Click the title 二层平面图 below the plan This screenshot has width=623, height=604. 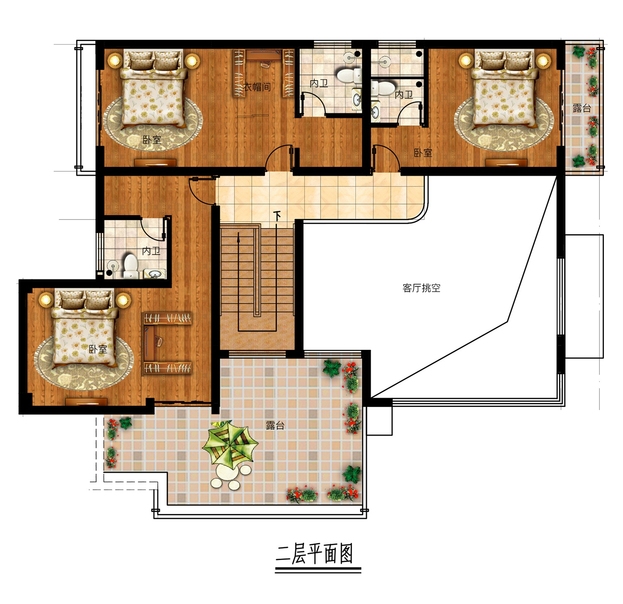[x=315, y=554]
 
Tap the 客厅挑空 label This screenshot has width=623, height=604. [x=422, y=288]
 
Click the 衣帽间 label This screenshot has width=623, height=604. [x=257, y=87]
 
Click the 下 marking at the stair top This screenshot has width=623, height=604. [x=277, y=216]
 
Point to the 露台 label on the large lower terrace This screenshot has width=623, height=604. [x=275, y=425]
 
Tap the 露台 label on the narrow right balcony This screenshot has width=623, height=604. [x=581, y=108]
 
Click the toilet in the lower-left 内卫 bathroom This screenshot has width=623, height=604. [x=131, y=266]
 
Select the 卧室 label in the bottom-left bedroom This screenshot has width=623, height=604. [x=98, y=350]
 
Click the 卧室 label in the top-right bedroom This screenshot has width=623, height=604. [x=423, y=153]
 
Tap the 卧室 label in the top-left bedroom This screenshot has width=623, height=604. [x=152, y=140]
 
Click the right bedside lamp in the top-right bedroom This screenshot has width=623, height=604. [x=543, y=61]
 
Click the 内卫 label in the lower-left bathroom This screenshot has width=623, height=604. [x=151, y=251]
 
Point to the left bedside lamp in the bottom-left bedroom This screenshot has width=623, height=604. [x=46, y=299]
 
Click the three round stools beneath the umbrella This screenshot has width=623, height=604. [x=231, y=477]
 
